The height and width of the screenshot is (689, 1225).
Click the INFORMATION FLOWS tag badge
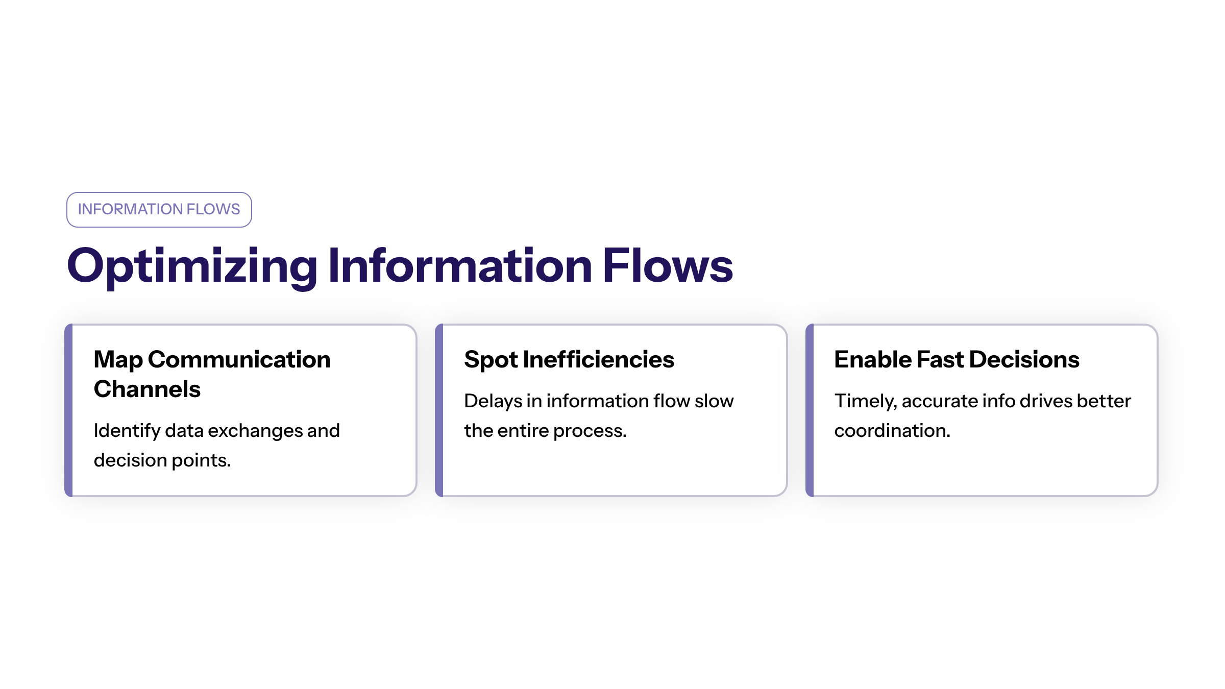pyautogui.click(x=159, y=209)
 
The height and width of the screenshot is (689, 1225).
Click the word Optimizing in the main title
pyautogui.click(x=192, y=266)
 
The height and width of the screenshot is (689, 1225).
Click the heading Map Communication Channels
pyautogui.click(x=212, y=374)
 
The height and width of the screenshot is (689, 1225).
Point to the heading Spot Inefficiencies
pyautogui.click(x=569, y=360)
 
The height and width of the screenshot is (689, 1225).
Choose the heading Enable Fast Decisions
pyautogui.click(x=957, y=359)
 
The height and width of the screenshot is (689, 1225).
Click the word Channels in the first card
pyautogui.click(x=147, y=389)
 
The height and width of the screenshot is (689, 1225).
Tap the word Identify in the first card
pyautogui.click(x=127, y=431)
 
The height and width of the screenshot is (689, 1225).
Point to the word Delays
pyautogui.click(x=493, y=402)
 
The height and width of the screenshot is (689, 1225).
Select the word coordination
pyautogui.click(x=892, y=431)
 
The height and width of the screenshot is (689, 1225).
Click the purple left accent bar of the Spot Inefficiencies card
pyautogui.click(x=439, y=410)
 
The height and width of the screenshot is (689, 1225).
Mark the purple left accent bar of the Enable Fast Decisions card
pyautogui.click(x=810, y=410)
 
